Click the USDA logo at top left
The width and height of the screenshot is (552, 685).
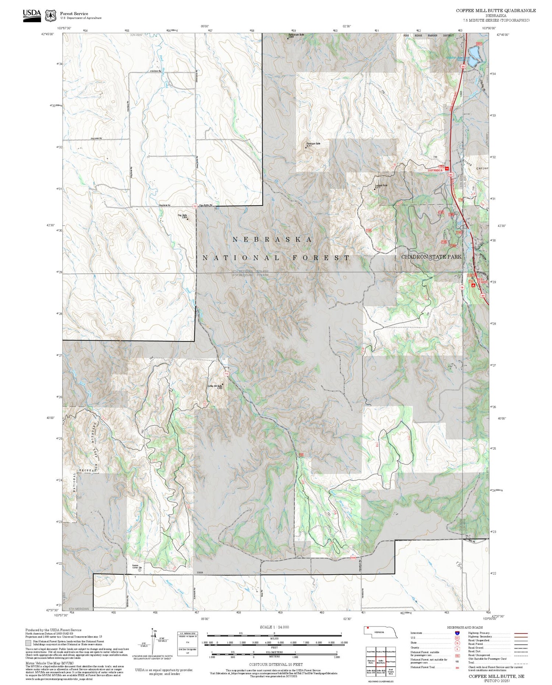click(32, 15)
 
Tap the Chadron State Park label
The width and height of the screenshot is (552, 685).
click(431, 257)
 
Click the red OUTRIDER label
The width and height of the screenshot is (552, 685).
click(435, 170)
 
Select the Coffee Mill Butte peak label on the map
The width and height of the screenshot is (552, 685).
click(215, 387)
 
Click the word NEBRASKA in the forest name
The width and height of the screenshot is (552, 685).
click(273, 239)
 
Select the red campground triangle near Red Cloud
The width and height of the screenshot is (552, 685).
click(473, 285)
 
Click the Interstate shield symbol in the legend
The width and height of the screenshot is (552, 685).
click(457, 633)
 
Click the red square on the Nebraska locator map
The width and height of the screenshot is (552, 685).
click(367, 628)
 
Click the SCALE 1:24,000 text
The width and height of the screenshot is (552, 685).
click(274, 627)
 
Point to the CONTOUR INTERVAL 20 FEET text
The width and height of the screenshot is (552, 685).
click(276, 664)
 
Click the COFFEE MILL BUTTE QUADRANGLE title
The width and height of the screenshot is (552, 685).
click(496, 11)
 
